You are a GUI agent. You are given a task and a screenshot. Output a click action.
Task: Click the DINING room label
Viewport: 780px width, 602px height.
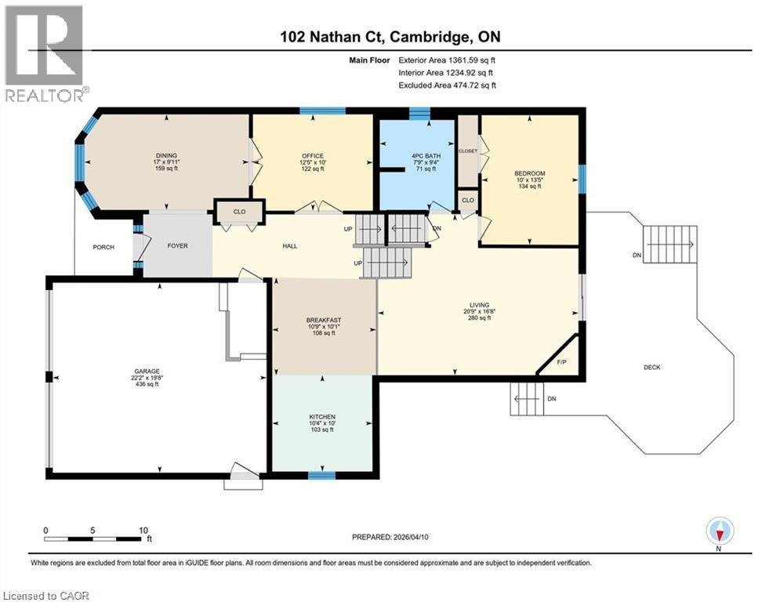[x=165, y=155]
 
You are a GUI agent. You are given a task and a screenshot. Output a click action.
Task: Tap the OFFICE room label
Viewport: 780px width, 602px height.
[x=313, y=156]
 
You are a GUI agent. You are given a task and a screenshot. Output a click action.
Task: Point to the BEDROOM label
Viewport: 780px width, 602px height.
[x=529, y=173]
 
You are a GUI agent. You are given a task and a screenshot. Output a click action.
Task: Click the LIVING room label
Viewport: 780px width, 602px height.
[x=479, y=305]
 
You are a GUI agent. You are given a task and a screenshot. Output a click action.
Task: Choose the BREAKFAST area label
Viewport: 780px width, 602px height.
[x=325, y=320]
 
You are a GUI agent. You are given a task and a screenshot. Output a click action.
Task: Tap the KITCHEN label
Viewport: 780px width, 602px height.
[x=321, y=416]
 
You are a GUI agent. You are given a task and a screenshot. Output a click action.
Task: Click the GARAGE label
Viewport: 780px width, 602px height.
[x=148, y=372]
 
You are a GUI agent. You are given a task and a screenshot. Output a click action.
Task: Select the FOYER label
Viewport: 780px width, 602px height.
[x=178, y=246]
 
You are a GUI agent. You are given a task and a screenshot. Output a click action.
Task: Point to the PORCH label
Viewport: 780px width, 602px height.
[x=103, y=247]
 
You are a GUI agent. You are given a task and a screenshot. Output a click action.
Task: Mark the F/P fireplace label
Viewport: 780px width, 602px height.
[x=561, y=362]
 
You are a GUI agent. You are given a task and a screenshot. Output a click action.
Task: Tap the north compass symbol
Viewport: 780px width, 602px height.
[x=719, y=531]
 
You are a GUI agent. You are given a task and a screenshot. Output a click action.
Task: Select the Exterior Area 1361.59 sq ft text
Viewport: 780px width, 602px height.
[x=447, y=59]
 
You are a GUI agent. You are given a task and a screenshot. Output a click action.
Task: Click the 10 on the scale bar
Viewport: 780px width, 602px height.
[x=143, y=530]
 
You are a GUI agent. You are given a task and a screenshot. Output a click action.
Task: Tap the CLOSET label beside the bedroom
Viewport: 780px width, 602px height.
[x=468, y=150]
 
